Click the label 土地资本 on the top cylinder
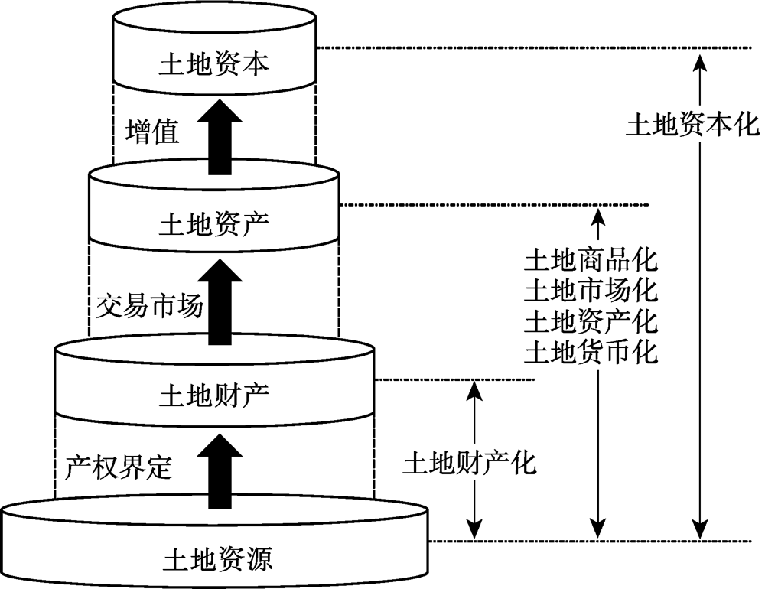pyautogui.click(x=214, y=64)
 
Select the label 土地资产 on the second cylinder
pyautogui.click(x=214, y=224)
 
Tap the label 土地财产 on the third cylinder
pyautogui.click(x=214, y=395)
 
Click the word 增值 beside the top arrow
pyautogui.click(x=151, y=132)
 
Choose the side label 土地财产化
pyautogui.click(x=470, y=464)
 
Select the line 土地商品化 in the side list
pyautogui.click(x=591, y=260)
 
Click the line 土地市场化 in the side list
pyautogui.click(x=591, y=291)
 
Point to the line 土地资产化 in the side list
pyautogui.click(x=591, y=321)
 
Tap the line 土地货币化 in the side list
pyautogui.click(x=591, y=352)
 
